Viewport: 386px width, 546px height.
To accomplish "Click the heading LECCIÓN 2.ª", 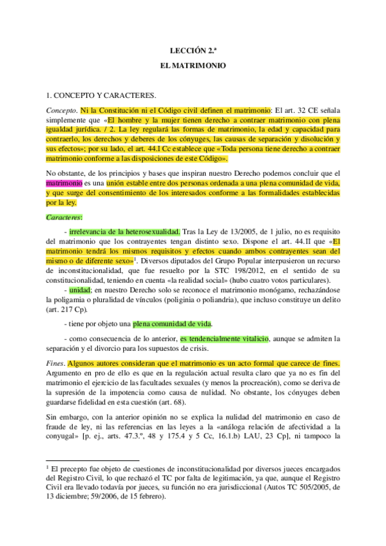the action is tap(193, 49).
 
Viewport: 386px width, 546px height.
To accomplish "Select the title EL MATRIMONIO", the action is tap(193, 66).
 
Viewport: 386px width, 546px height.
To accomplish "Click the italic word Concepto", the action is tap(61, 110).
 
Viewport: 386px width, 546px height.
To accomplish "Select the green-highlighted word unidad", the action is tap(81, 290).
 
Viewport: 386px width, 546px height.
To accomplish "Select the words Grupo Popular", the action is tap(217, 261).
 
